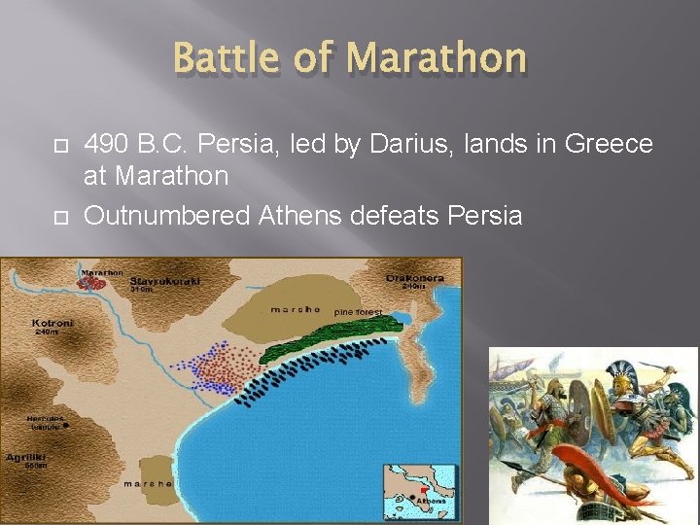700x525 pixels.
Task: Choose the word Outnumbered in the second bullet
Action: (167, 215)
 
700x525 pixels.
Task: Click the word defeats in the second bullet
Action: (394, 215)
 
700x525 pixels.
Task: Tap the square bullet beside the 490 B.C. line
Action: (56, 146)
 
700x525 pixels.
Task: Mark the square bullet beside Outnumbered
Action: (56, 216)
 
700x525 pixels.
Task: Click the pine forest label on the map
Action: (359, 312)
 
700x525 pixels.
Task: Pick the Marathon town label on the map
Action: (102, 273)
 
